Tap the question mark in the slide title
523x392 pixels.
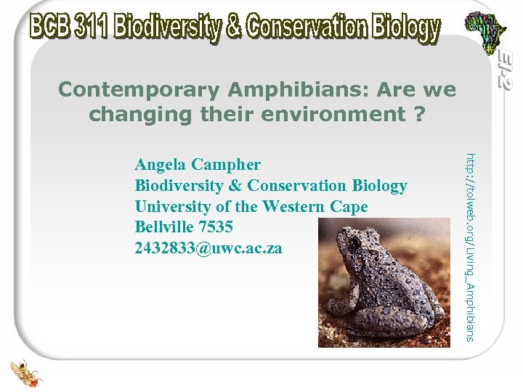pyautogui.click(x=419, y=115)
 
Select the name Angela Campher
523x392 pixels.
pyautogui.click(x=198, y=164)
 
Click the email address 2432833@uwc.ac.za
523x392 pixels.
pyautogui.click(x=208, y=248)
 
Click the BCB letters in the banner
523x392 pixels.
pyautogui.click(x=52, y=28)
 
